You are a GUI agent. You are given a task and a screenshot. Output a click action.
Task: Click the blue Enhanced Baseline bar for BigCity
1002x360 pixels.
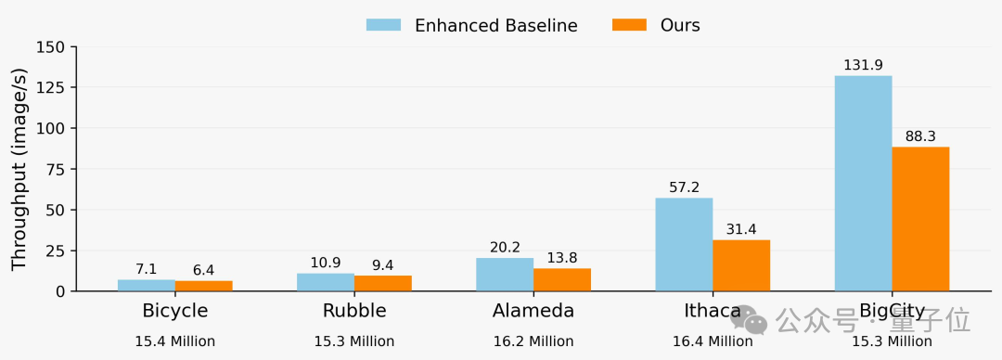click(x=864, y=184)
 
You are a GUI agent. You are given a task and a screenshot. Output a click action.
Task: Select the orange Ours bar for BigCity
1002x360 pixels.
click(x=921, y=219)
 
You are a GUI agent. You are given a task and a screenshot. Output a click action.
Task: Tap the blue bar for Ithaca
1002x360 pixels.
click(x=685, y=244)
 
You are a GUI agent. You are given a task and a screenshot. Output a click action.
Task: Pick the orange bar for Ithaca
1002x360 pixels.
click(x=741, y=265)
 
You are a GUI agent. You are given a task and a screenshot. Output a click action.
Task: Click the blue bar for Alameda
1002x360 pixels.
click(x=505, y=275)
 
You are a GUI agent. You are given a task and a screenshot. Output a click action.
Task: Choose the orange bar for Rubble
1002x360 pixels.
click(x=383, y=283)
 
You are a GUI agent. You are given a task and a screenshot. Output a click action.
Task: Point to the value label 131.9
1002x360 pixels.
click(x=864, y=65)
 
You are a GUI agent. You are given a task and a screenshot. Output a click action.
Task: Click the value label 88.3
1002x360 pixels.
click(x=921, y=136)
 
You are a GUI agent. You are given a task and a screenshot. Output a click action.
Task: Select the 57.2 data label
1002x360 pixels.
click(x=685, y=187)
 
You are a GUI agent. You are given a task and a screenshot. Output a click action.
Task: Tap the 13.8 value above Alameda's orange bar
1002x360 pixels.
click(x=562, y=258)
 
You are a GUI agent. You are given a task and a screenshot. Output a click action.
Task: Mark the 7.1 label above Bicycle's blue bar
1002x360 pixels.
click(x=147, y=269)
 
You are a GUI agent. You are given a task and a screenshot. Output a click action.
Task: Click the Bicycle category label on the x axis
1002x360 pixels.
click(x=175, y=312)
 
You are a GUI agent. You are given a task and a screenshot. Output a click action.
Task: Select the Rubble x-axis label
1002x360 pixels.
click(x=354, y=311)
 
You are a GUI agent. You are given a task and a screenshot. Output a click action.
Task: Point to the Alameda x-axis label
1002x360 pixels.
click(x=533, y=311)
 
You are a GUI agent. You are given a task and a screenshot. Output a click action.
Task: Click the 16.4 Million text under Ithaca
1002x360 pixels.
click(x=713, y=341)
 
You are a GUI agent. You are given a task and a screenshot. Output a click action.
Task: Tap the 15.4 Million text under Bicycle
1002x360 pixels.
click(x=175, y=341)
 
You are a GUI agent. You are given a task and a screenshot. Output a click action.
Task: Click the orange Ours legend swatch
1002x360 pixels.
click(x=629, y=25)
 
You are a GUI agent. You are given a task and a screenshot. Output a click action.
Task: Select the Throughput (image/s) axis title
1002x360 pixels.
click(x=19, y=170)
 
